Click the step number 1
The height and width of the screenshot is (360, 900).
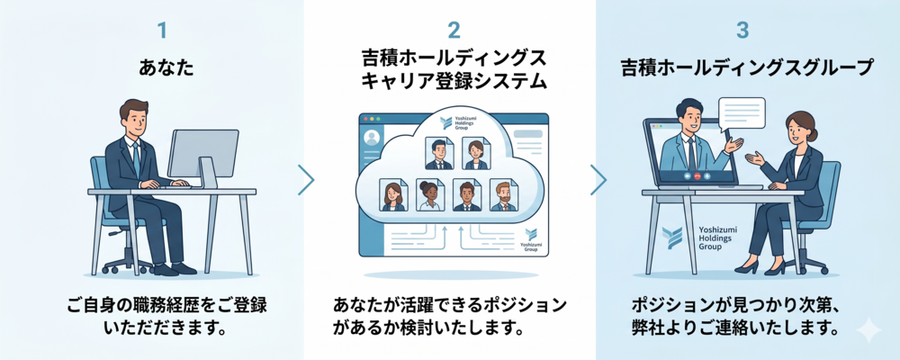pyautogui.click(x=162, y=31)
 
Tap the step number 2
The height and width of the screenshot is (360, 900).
pyautogui.click(x=454, y=31)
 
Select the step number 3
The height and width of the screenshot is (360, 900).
pyautogui.click(x=742, y=31)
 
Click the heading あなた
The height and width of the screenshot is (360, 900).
pyautogui.click(x=166, y=68)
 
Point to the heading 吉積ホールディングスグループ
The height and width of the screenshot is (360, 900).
pyautogui.click(x=747, y=68)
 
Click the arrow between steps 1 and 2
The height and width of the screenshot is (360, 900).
pyautogui.click(x=307, y=180)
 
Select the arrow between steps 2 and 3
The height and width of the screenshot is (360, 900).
pyautogui.click(x=598, y=180)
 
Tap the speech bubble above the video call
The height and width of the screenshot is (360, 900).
pyautogui.click(x=742, y=114)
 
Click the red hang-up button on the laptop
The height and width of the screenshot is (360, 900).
pyautogui.click(x=698, y=175)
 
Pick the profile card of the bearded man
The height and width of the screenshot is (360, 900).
pyautogui.click(x=503, y=195)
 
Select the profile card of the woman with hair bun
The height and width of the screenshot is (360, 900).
pyautogui.click(x=430, y=195)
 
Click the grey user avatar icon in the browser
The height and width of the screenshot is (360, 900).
pyautogui.click(x=372, y=138)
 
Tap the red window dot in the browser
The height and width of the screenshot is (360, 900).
pyautogui.click(x=365, y=119)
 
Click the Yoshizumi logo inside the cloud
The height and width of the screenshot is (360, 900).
pyautogui.click(x=446, y=123)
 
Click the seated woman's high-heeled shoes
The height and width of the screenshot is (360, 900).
pyautogui.click(x=760, y=267)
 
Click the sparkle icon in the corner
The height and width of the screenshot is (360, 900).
pyautogui.click(x=868, y=331)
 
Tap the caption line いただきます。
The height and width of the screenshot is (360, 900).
pyautogui.click(x=166, y=329)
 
